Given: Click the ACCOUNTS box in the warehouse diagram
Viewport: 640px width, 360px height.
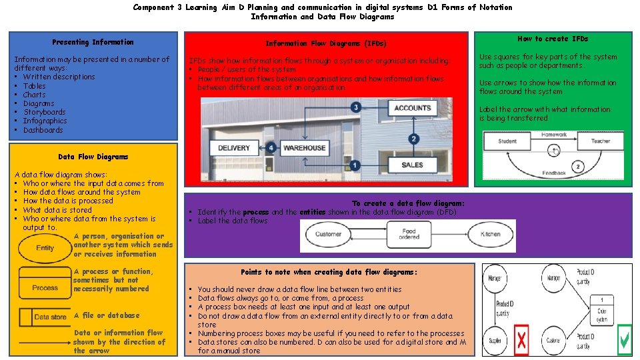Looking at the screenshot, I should tap(413, 108).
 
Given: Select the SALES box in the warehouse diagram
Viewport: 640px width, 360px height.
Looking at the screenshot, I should tap(412, 165).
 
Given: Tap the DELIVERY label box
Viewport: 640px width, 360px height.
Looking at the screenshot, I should tap(235, 148).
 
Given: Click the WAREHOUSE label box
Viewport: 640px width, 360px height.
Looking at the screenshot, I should tap(305, 148).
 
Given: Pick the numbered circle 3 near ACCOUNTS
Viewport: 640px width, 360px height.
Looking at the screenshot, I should tap(356, 107).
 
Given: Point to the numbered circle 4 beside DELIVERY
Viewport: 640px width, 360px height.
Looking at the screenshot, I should tap(272, 148).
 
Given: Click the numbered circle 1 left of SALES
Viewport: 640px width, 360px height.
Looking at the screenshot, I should tap(356, 165).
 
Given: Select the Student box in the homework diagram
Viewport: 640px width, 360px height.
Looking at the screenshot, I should tap(507, 141).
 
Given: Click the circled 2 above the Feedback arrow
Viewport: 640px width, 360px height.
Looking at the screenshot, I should tap(578, 165).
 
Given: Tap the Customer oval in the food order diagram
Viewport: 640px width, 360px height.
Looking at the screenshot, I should tap(329, 235).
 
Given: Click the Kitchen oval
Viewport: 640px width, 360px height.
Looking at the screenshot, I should tap(490, 235).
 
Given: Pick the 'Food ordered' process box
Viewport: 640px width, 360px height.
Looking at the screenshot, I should tap(409, 235).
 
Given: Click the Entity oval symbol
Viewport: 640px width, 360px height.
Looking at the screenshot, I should tap(45, 248).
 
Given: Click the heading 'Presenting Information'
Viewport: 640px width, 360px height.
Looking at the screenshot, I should tap(93, 42).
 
